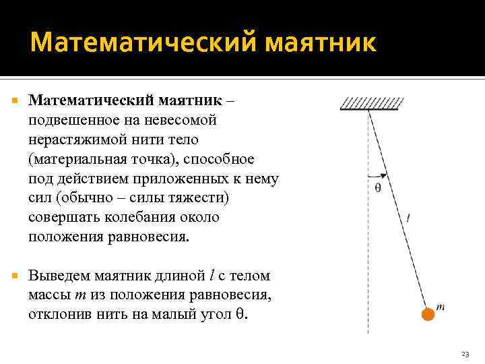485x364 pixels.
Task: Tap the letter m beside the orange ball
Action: [x=441, y=307]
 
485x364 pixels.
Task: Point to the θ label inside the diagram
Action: [x=378, y=188]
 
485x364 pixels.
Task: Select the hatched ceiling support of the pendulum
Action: [x=373, y=104]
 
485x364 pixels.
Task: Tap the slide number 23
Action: [x=465, y=354]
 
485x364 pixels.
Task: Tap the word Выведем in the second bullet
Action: [x=59, y=276]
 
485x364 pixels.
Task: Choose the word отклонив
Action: [x=57, y=315]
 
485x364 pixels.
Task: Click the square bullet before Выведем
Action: [x=16, y=276]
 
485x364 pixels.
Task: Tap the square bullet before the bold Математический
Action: [x=16, y=100]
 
